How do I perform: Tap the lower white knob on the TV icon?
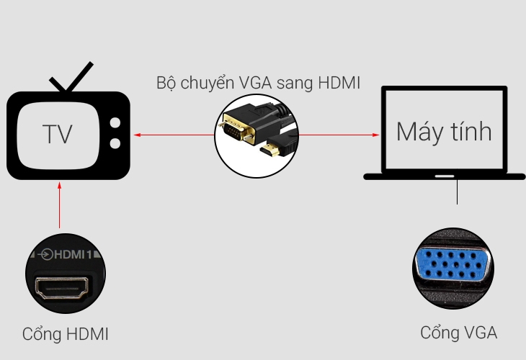114,143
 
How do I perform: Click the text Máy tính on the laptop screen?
444,132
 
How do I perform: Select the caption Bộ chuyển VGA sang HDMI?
258,83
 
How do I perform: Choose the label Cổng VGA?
459,333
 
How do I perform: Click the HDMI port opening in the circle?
64,289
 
